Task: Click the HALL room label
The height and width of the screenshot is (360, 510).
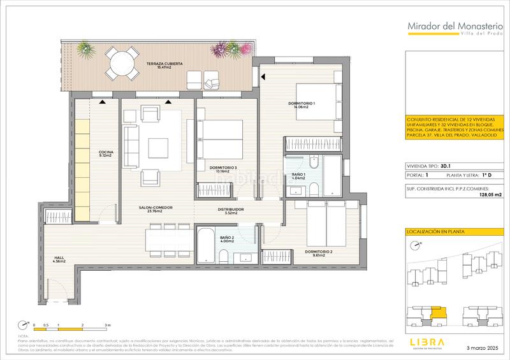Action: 59,259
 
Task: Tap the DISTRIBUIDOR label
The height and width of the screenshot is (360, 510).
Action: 227,210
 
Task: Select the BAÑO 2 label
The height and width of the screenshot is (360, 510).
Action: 228,238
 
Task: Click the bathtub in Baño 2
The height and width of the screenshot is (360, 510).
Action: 206,244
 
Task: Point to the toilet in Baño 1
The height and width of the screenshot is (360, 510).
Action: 315,187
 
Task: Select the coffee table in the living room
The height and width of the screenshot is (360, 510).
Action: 157,148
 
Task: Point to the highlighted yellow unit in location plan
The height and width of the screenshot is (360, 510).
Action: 437,313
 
